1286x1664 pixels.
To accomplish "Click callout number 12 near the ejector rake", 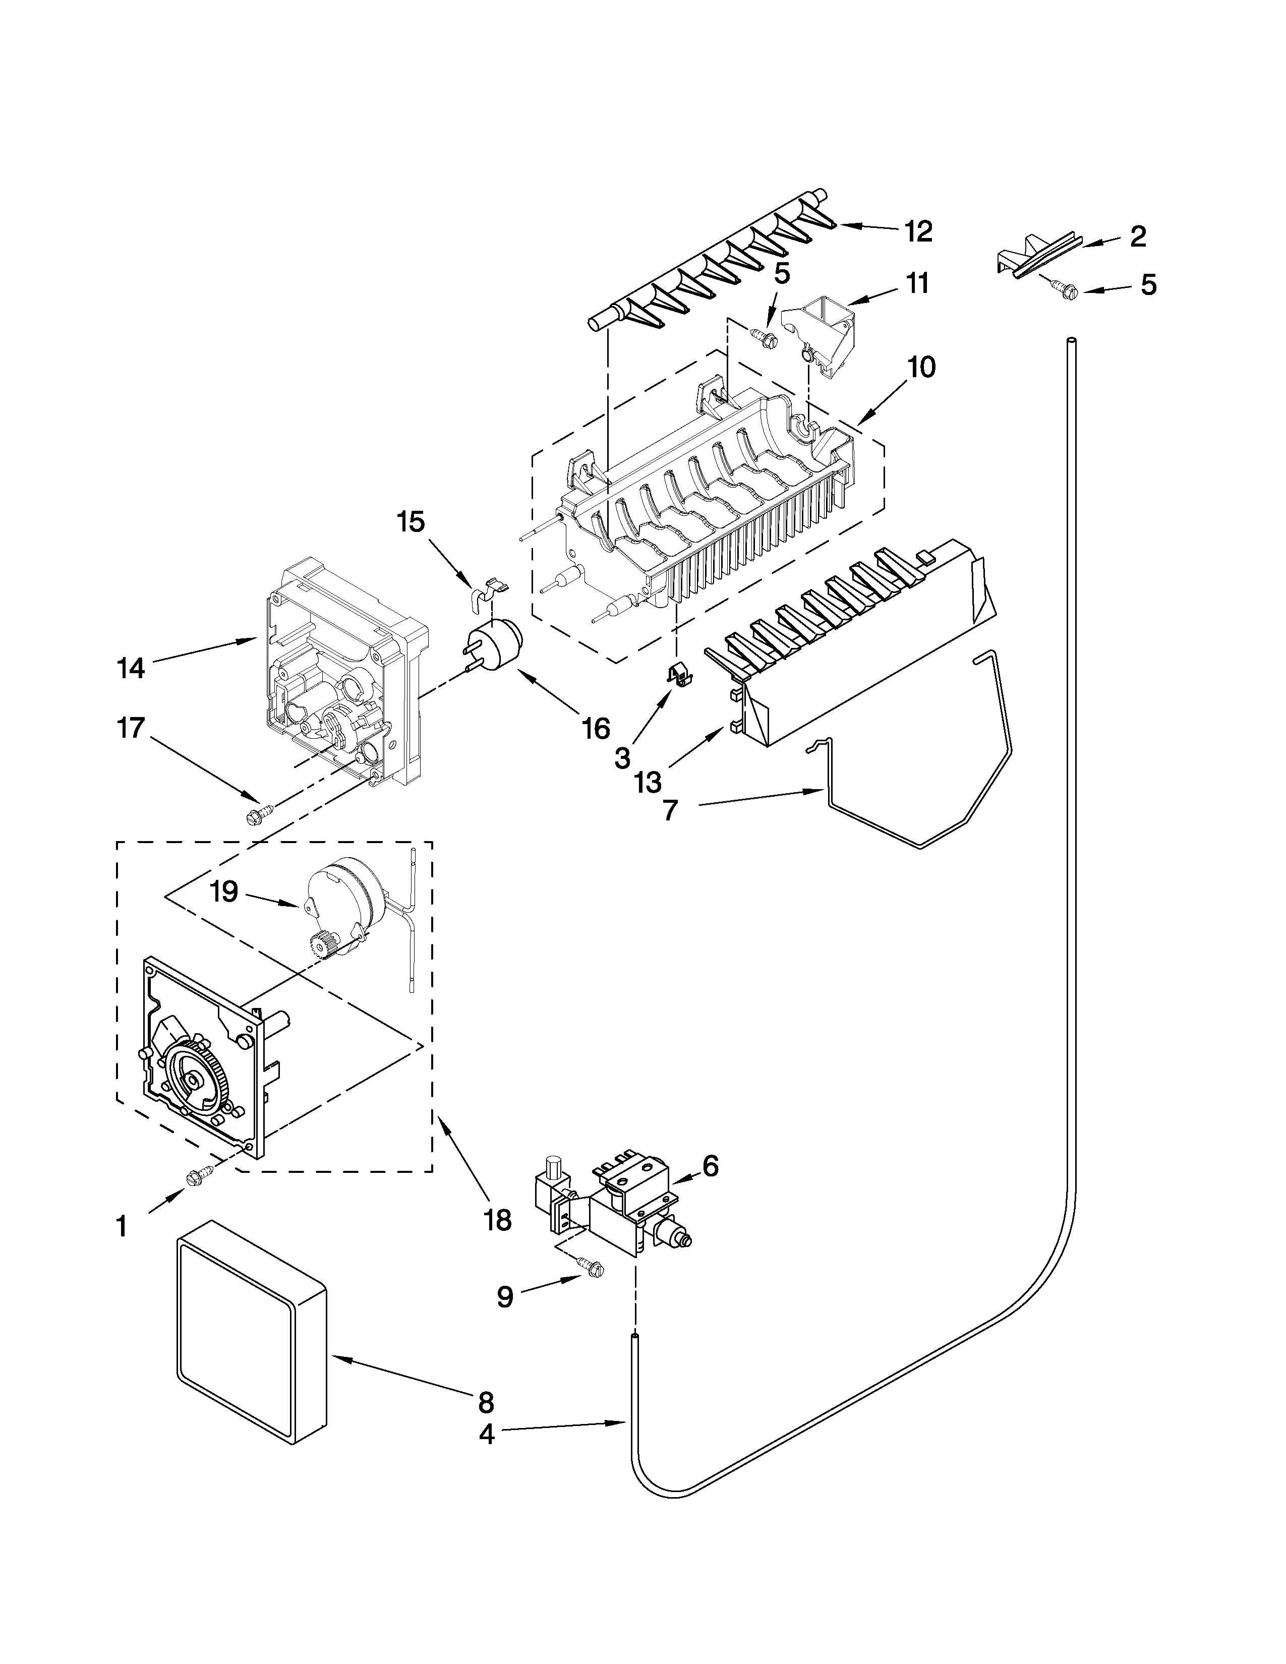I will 919,231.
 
